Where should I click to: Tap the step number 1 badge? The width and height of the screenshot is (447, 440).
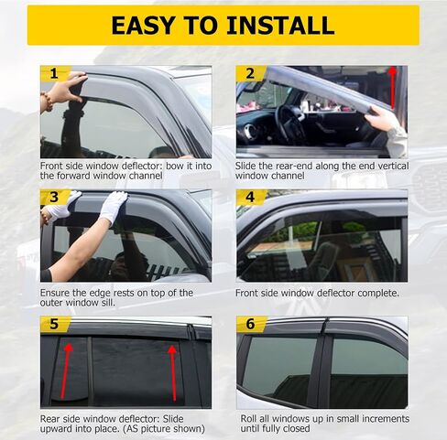(x=53, y=73)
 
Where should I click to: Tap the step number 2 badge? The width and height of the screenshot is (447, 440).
(x=250, y=73)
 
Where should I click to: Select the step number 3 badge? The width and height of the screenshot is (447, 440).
(x=53, y=198)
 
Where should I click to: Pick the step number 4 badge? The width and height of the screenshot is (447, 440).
(x=250, y=198)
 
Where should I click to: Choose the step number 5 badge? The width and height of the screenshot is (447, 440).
(x=53, y=324)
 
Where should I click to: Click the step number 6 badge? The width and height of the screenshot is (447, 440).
(x=250, y=324)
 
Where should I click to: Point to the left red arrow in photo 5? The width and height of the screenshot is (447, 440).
(x=70, y=370)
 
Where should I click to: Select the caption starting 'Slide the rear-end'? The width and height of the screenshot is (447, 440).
(x=322, y=170)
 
